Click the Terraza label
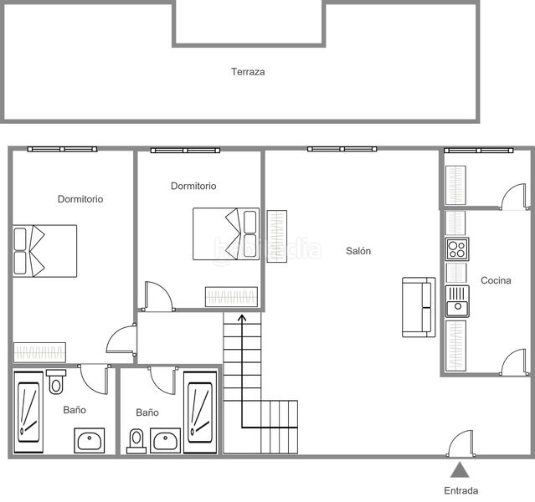click(248, 72)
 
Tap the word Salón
click(358, 251)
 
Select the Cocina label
click(496, 280)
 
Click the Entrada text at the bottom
click(461, 491)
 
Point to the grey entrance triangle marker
click(460, 470)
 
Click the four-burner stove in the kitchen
click(457, 249)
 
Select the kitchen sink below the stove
click(457, 301)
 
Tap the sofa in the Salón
click(419, 307)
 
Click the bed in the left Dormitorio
click(44, 251)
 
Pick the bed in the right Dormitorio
click(226, 234)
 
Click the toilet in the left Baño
click(56, 382)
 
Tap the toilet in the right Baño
click(136, 441)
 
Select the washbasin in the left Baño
click(90, 441)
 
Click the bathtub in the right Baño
click(200, 412)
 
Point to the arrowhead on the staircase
click(242, 318)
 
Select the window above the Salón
click(342, 149)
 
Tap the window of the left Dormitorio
click(62, 149)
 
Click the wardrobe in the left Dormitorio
click(39, 352)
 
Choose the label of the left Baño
click(75, 410)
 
